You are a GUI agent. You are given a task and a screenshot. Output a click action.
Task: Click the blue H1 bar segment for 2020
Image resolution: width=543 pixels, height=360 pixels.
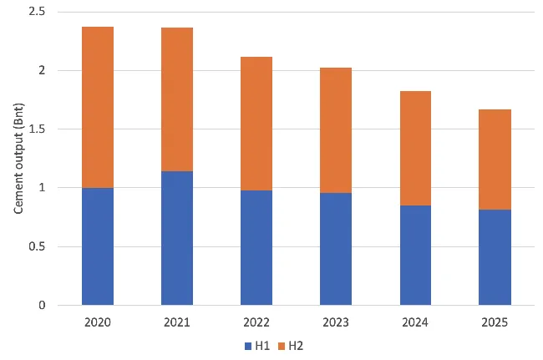point(98,246)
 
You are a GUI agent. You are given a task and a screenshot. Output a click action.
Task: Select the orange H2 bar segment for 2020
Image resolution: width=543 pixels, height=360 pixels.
point(98,107)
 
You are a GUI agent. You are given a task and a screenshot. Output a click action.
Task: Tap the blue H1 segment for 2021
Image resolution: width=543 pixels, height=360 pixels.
point(177,238)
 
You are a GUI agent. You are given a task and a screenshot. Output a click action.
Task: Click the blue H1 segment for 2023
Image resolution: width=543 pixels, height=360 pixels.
point(336,249)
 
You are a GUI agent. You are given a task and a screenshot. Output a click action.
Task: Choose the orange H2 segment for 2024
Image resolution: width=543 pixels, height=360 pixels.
point(415,148)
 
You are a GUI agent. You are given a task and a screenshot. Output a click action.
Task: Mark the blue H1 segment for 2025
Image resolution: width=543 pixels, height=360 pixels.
point(495,257)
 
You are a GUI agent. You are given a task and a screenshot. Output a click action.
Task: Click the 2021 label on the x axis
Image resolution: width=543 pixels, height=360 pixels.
point(177,322)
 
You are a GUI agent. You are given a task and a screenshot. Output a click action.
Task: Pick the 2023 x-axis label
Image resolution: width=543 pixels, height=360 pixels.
point(336,322)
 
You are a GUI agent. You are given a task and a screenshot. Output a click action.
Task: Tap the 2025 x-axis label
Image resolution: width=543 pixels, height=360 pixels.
point(495,322)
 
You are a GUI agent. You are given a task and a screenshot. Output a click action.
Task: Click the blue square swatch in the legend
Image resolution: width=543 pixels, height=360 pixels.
point(248,345)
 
